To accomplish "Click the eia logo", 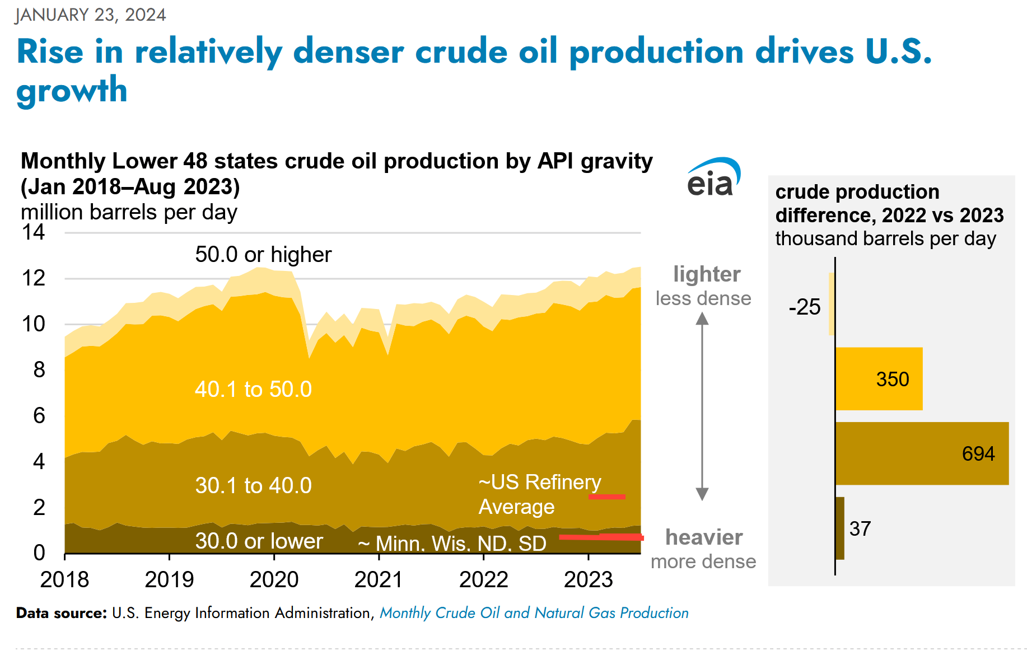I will tap(713, 178).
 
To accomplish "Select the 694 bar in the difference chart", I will tap(921, 453).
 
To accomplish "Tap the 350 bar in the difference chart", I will tap(879, 379).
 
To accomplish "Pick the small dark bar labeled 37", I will tap(839, 528).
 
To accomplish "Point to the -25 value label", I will tap(804, 307).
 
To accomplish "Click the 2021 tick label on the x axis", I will tap(379, 580).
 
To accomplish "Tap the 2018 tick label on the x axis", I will tap(64, 580).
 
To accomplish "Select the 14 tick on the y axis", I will tap(33, 232).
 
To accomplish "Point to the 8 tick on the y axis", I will tap(39, 369).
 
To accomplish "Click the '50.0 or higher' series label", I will tap(263, 255).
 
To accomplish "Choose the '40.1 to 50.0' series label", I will tap(253, 389).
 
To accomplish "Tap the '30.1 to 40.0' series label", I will tap(253, 485).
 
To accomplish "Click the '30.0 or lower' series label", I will tap(259, 541).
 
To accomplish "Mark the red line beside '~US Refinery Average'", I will tap(607, 497).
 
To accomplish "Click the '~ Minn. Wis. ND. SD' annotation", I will tap(452, 543).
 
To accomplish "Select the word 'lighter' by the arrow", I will tap(707, 274).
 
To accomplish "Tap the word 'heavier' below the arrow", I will tap(704, 537).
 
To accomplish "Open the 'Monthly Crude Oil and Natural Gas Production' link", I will tap(534, 613).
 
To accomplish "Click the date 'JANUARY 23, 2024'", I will tap(91, 15).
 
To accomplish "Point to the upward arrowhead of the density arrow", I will tap(702, 319).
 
